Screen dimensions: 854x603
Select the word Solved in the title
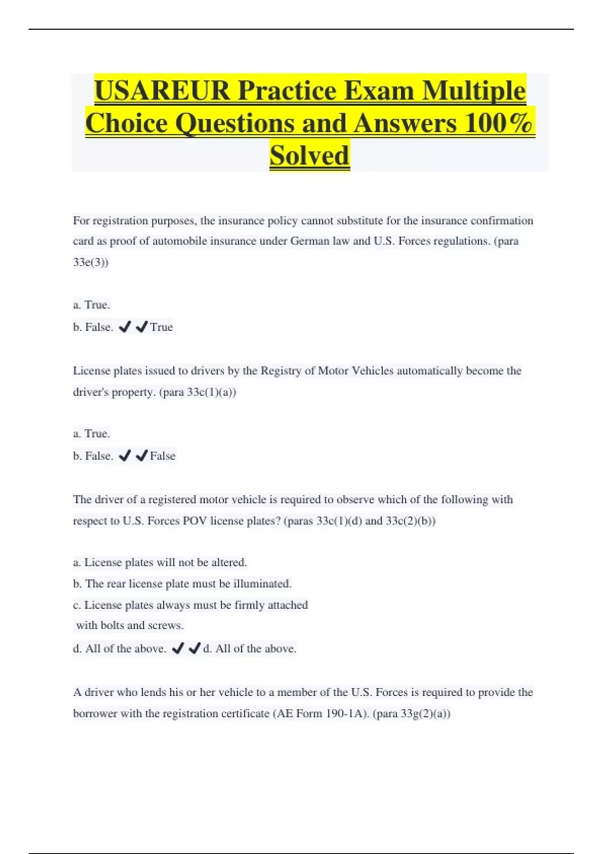[x=309, y=155]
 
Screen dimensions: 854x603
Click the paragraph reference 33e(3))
[x=90, y=262]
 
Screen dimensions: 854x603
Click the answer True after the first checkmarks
[x=161, y=327]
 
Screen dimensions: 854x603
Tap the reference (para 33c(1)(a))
[x=197, y=392]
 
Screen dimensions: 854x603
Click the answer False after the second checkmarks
[x=163, y=456]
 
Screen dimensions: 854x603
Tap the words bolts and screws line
[x=130, y=625]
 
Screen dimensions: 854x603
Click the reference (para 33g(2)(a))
[x=412, y=714]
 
